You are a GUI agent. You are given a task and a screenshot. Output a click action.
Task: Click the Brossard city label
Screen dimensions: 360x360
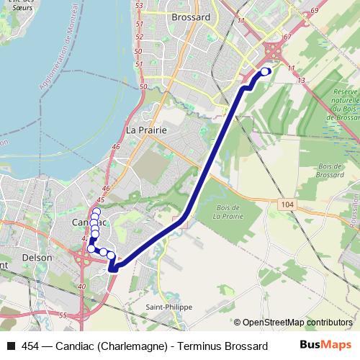tap(190, 16)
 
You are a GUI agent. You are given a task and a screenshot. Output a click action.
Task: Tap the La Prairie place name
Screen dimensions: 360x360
tap(146, 130)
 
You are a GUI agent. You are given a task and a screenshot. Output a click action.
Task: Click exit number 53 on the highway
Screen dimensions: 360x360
tap(140, 5)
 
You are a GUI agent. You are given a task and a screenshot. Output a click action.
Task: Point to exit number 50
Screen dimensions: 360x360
tap(143, 86)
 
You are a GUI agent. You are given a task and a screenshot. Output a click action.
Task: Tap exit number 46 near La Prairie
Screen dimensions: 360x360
tap(116, 147)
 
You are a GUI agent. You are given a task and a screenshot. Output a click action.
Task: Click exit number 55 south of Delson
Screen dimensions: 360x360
tap(63, 315)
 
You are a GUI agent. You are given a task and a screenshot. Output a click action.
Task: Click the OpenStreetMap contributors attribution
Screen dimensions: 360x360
tap(297, 322)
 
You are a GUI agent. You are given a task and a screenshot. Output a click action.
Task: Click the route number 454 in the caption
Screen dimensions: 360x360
tap(31, 346)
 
